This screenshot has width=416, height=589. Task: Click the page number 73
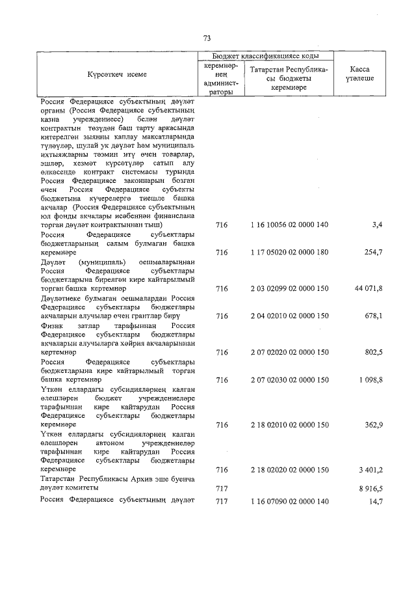pyautogui.click(x=207, y=38)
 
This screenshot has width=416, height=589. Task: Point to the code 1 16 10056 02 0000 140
pyautogui.click(x=289, y=225)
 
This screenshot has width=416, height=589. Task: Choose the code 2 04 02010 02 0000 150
pyautogui.click(x=289, y=316)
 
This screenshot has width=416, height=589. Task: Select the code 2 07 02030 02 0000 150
pyautogui.click(x=289, y=379)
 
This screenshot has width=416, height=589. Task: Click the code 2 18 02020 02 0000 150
pyautogui.click(x=289, y=469)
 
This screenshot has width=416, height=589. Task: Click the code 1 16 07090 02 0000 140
pyautogui.click(x=289, y=500)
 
